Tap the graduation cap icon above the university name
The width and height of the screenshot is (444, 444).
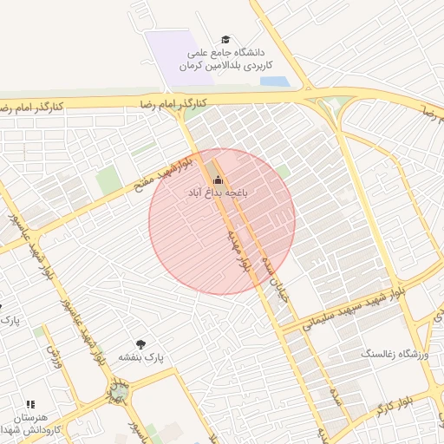226,40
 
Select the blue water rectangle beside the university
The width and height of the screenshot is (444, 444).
274,82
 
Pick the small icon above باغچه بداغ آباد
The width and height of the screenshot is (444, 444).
217,180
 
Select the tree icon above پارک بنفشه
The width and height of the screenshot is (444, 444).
140,344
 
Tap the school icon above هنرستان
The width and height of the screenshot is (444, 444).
31,404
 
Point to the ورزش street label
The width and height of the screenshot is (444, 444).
55,356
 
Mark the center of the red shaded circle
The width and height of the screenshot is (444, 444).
222,221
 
